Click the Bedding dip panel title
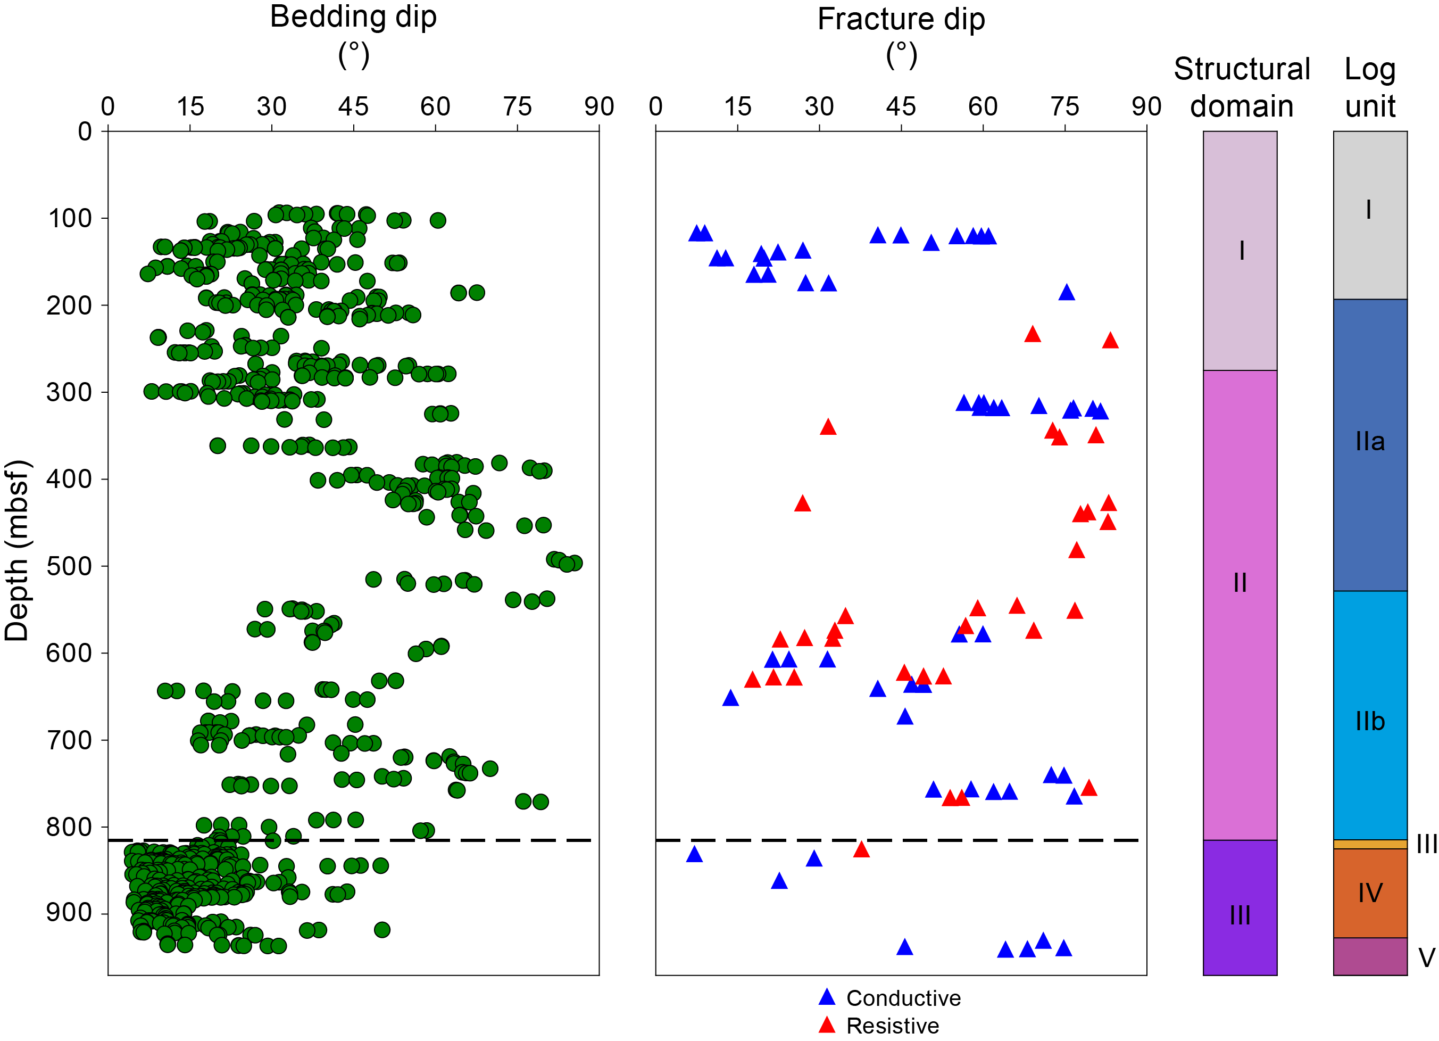pos(353,17)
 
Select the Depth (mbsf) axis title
pos(17,550)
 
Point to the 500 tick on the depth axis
pos(69,566)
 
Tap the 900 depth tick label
pos(69,913)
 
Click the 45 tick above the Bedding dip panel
pos(353,106)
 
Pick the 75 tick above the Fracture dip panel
pos(1064,106)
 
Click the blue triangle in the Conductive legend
pos(827,997)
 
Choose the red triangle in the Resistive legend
pos(827,1025)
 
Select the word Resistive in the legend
pos(893,1026)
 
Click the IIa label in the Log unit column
pos(1370,441)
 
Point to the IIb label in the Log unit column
pos(1370,721)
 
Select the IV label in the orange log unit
pos(1370,893)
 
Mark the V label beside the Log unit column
pos(1426,957)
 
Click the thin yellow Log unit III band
pos(1370,844)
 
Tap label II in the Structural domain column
pos(1240,582)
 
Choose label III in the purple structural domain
pos(1240,915)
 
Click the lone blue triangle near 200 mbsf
pos(1067,293)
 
